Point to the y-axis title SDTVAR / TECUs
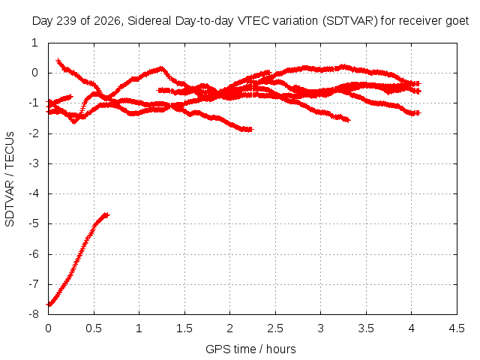click(10, 179)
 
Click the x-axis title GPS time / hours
click(250, 349)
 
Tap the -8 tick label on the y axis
click(34, 314)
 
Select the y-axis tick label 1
click(34, 43)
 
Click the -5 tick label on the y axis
click(34, 223)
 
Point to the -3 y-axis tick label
click(34, 163)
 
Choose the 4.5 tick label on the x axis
click(457, 328)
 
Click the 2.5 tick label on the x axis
click(275, 328)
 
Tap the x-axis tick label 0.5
click(94, 328)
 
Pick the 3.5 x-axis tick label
click(366, 328)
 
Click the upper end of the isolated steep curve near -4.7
click(106, 215)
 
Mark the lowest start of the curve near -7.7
click(49, 304)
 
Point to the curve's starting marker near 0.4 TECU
click(58, 61)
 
